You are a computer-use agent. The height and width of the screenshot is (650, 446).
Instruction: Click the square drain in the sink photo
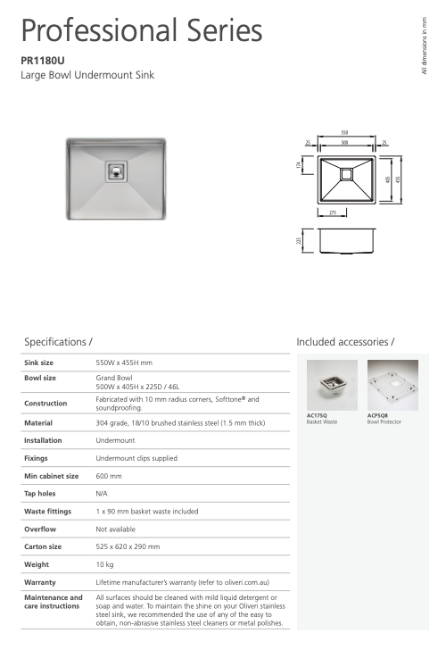point(117,170)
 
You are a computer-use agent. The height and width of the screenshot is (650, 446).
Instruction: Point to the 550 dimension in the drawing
point(344,132)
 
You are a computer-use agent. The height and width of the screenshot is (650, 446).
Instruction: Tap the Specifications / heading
point(59,342)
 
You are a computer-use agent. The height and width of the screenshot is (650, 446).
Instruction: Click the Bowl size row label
point(39,378)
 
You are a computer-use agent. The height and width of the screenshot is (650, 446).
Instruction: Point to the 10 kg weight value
point(104,564)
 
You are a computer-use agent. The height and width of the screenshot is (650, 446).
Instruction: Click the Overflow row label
point(40,529)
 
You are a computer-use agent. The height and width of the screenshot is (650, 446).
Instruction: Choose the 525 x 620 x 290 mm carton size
point(128,546)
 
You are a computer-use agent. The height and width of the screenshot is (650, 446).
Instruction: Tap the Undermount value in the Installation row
point(114,440)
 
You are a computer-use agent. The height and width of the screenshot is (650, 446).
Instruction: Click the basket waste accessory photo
point(331,385)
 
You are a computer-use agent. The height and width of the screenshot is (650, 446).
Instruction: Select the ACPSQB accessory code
point(379,415)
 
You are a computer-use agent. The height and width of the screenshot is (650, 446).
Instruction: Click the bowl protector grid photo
point(392,385)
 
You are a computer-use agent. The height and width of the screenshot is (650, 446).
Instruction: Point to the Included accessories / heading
point(345,342)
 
